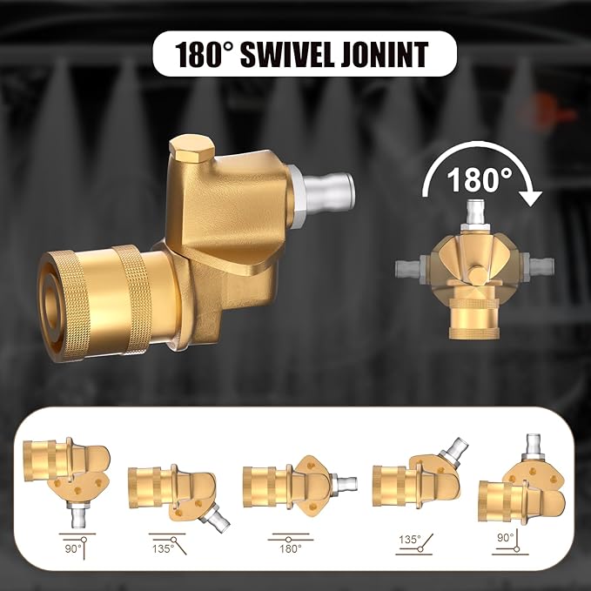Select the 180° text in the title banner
point(205,55)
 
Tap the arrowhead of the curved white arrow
point(530,198)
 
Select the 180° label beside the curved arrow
point(480,179)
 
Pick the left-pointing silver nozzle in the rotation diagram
point(409,268)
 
